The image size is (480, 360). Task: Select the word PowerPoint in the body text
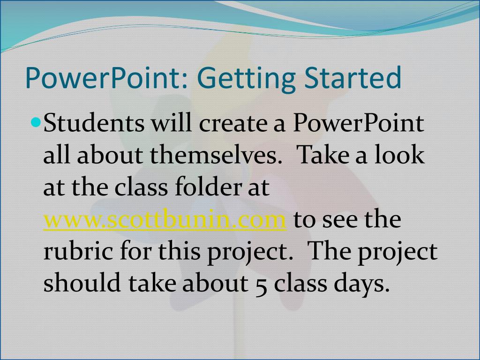(359, 125)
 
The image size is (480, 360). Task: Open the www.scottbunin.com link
(165, 220)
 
